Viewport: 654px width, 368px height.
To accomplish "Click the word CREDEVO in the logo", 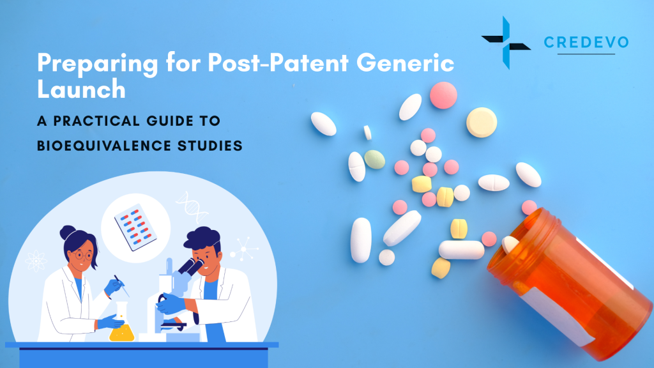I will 586,43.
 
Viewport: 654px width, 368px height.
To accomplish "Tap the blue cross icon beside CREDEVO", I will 505,42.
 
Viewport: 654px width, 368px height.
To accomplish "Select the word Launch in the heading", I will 80,89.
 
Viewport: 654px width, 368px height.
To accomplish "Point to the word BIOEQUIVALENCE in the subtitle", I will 98,145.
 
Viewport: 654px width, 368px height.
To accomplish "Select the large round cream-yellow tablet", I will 481,121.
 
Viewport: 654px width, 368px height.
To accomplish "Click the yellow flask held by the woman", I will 121,328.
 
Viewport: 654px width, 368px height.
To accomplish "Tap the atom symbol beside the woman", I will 35,261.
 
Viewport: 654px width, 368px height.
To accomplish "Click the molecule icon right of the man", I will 243,247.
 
